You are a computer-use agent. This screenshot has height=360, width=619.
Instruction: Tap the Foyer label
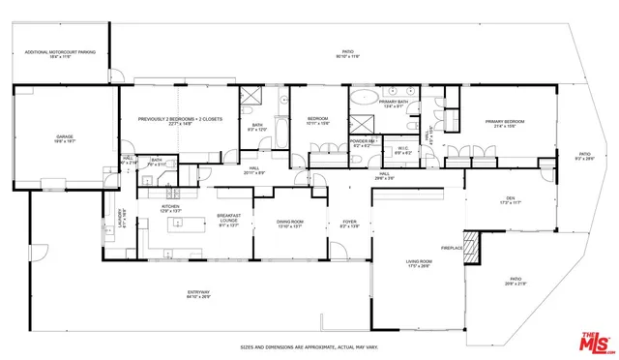click(349, 224)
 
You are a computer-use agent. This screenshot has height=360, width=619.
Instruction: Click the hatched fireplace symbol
click(470, 248)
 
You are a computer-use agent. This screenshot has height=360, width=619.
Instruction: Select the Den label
click(509, 200)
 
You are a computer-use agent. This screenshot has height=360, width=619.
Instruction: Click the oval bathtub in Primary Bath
click(363, 97)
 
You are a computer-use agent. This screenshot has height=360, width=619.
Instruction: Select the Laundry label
click(121, 218)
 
